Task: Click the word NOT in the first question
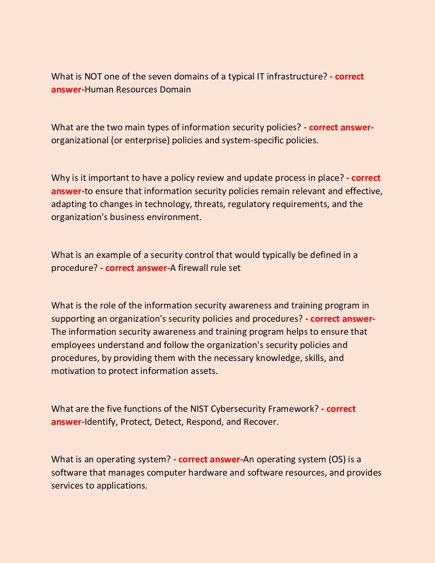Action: (93, 76)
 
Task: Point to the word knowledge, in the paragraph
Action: (279, 358)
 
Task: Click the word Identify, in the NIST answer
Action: (101, 422)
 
